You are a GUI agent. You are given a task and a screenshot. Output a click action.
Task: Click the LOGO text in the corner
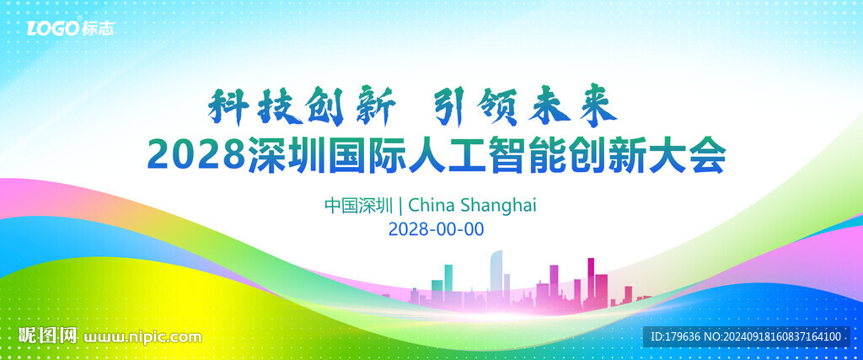coord(53,28)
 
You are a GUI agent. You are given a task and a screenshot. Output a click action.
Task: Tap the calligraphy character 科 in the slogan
coord(226,106)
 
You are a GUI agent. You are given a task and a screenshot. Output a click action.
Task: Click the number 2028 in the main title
coord(196,156)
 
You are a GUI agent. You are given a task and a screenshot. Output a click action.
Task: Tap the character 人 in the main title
coord(425,156)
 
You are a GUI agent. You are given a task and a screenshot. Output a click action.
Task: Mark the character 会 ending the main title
coord(708,156)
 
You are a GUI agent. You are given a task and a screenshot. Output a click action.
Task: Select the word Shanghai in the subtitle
coord(497,206)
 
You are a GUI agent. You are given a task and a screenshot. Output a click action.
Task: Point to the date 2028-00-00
coord(436,229)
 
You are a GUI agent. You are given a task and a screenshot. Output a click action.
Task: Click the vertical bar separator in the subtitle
coord(400,206)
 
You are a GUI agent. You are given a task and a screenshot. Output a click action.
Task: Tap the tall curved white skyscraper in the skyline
coord(496,273)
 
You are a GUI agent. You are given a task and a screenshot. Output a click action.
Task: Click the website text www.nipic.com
coord(142,336)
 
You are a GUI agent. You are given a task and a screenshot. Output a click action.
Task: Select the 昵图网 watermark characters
coord(48,336)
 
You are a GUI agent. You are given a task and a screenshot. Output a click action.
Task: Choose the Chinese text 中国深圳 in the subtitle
coord(358,206)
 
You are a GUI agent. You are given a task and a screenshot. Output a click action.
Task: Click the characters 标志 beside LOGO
coord(98,29)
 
